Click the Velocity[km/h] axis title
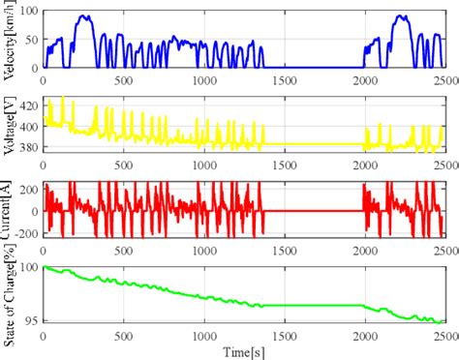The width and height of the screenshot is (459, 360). (9, 39)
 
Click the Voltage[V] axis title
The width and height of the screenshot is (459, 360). (9, 124)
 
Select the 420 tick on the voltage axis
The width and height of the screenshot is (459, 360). (28, 105)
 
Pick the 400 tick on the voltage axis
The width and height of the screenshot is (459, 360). (28, 126)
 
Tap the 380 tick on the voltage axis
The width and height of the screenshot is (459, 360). (28, 148)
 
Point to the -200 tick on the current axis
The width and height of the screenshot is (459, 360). (26, 233)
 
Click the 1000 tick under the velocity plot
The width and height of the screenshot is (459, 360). (203, 78)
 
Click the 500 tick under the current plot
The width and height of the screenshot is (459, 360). (123, 249)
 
